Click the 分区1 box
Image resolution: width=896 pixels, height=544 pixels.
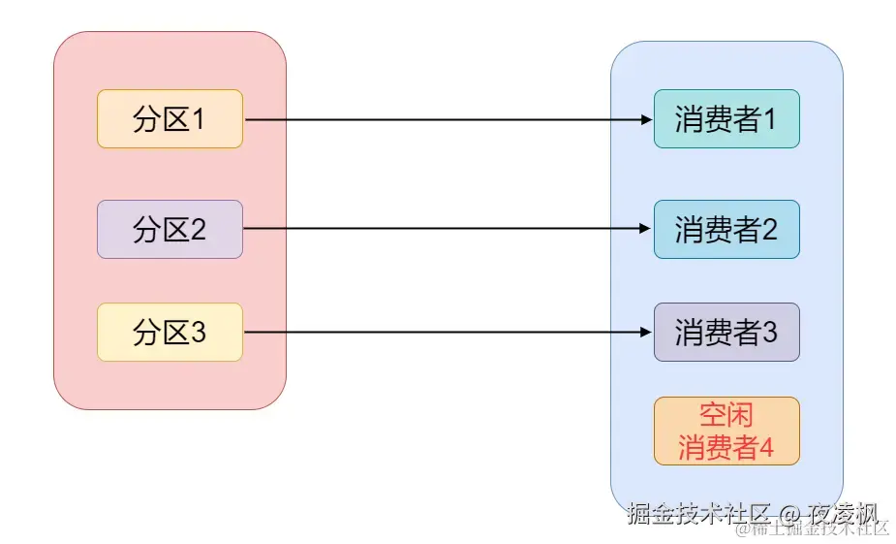tap(170, 119)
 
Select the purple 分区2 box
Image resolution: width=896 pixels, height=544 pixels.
tap(170, 230)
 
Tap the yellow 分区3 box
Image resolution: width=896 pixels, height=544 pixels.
tap(170, 333)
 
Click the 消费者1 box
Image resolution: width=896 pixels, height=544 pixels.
tap(726, 119)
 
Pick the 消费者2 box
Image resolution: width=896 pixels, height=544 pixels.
tap(726, 230)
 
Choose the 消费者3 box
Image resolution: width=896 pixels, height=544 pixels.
tap(726, 333)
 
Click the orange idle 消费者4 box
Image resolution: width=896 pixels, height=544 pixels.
tap(726, 432)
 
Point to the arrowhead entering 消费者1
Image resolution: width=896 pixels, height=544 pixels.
tap(647, 120)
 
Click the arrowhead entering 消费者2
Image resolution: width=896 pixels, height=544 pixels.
tap(647, 230)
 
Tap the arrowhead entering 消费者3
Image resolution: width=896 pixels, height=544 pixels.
tap(647, 333)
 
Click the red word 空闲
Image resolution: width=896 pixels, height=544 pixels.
tap(726, 416)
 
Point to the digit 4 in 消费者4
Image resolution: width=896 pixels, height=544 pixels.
tap(766, 448)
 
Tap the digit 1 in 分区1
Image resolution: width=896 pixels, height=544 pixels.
tap(199, 120)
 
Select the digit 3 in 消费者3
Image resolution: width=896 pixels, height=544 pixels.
tap(770, 334)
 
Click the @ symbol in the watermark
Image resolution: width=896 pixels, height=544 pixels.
tap(789, 512)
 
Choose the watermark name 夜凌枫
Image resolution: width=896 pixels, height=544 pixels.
tap(844, 512)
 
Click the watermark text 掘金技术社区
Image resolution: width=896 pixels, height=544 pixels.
tap(698, 512)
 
